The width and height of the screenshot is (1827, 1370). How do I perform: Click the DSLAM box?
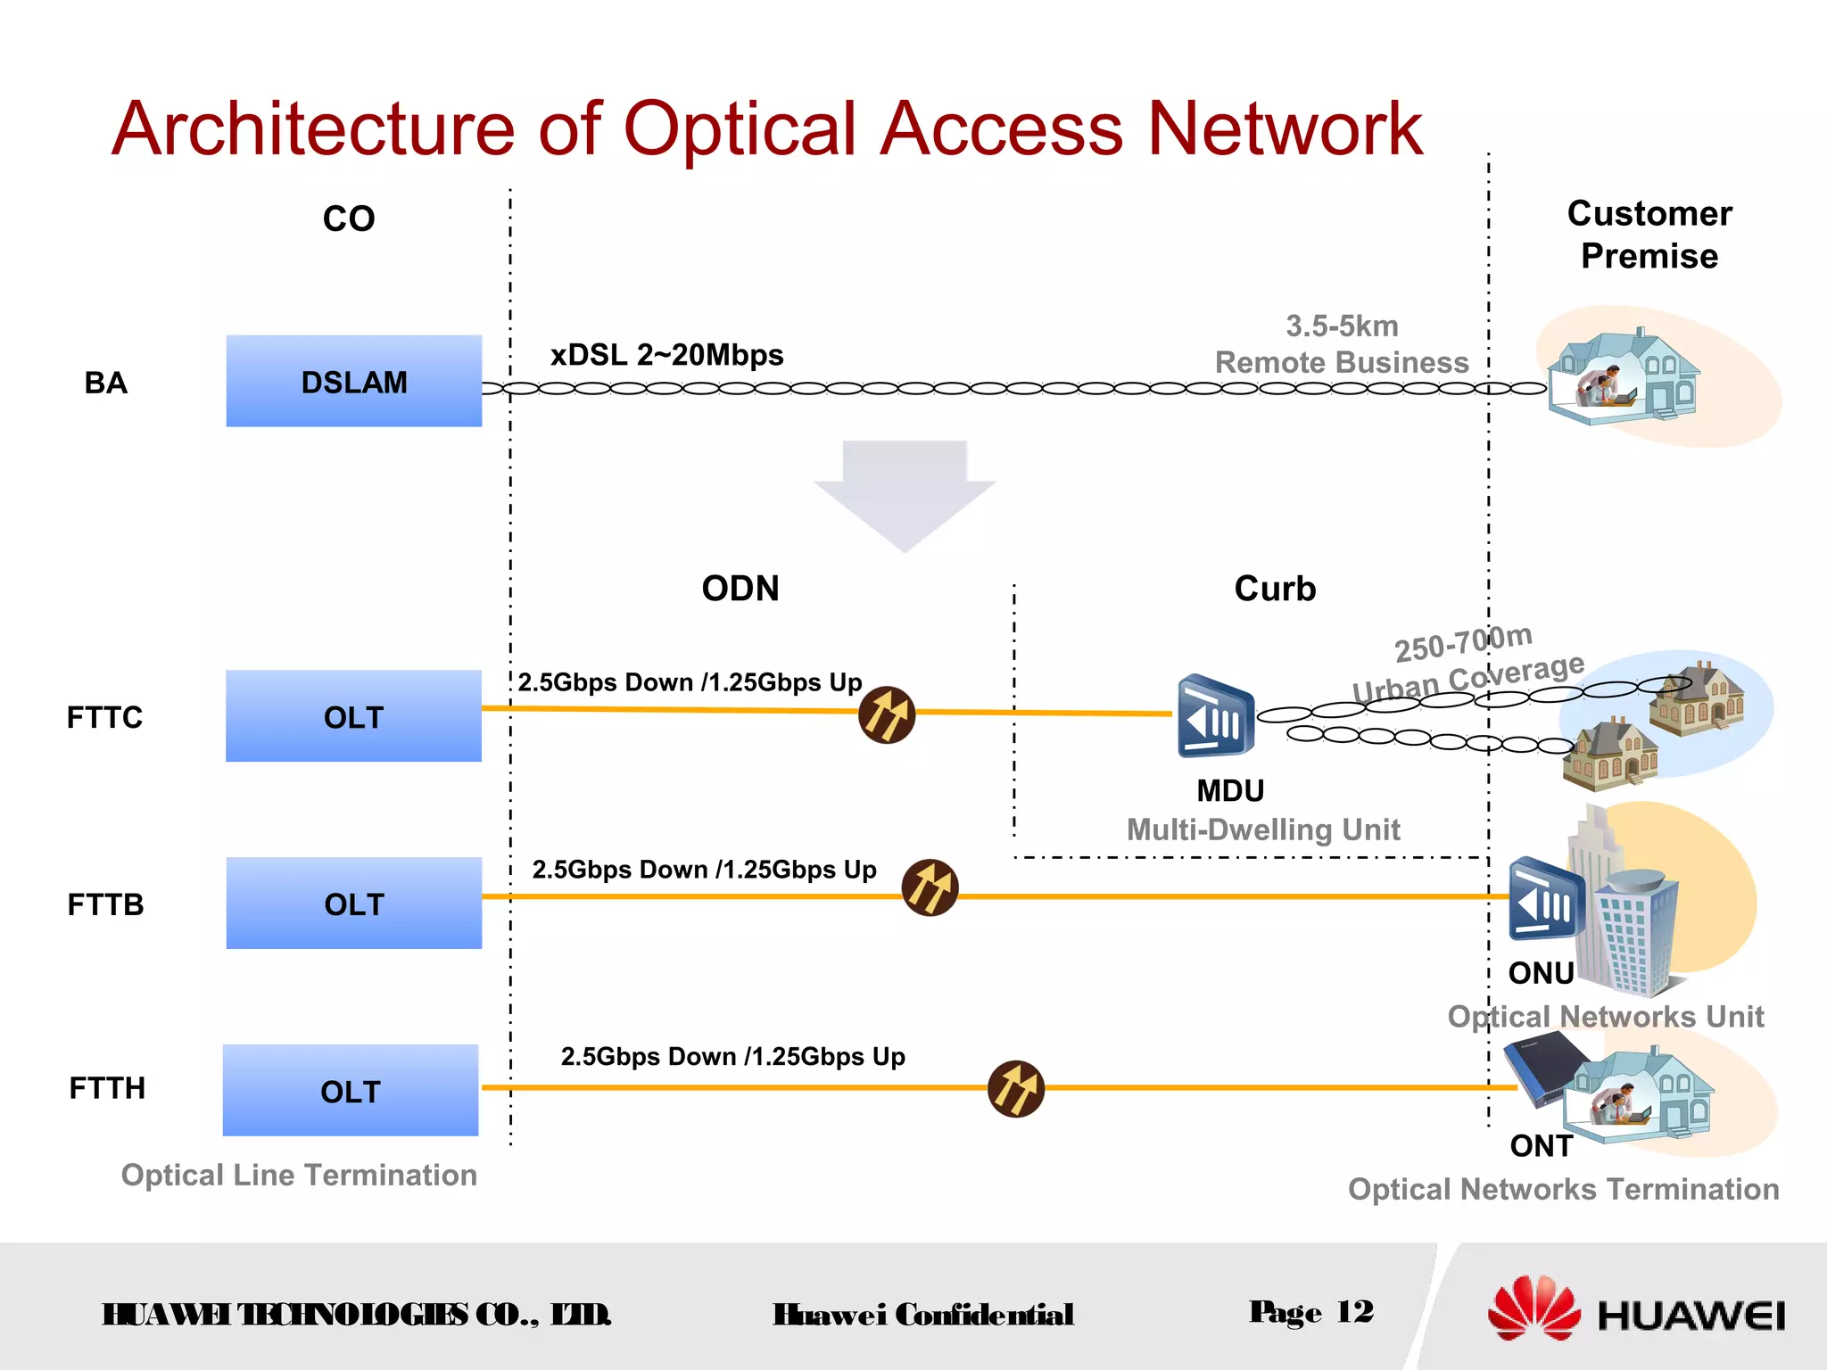coord(353,381)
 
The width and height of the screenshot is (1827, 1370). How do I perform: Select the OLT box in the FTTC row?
coord(353,716)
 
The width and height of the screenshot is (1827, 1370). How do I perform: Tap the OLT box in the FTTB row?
coord(353,904)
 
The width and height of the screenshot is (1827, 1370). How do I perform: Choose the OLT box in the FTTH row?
coord(351,1090)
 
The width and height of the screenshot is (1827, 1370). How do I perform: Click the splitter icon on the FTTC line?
coord(887,714)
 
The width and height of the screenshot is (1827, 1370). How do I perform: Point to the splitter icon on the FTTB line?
coord(930,887)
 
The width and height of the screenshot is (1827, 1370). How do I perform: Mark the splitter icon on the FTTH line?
coord(1016,1088)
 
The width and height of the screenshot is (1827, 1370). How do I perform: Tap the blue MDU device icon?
coord(1215,716)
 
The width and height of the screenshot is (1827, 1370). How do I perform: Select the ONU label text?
coord(1541,973)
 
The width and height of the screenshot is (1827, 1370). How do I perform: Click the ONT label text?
coord(1541,1146)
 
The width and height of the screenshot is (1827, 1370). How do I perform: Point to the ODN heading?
coord(740,589)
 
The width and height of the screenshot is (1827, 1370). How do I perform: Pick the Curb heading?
coord(1275,589)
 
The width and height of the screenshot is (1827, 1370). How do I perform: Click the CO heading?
coord(349,219)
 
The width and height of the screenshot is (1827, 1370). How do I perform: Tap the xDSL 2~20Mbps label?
coord(666,355)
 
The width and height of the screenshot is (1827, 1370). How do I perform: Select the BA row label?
coord(105,383)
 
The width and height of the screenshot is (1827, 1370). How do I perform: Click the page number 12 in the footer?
coord(1354,1312)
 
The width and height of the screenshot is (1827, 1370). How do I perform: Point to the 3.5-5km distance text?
coord(1342,326)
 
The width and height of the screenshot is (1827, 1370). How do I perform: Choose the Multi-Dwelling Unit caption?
coord(1263,829)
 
